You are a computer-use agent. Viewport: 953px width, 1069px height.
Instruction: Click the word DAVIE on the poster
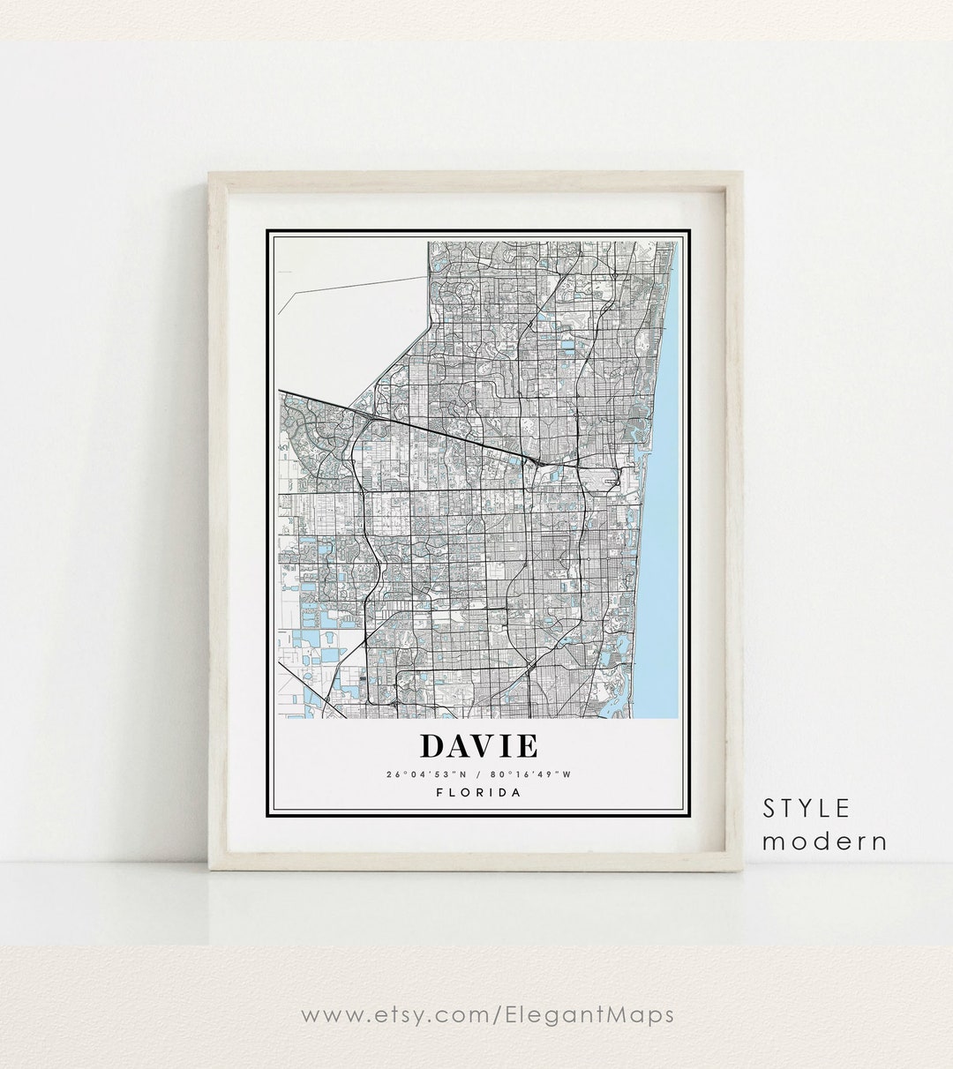(x=479, y=746)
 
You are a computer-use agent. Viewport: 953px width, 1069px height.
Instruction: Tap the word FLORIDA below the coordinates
(x=479, y=792)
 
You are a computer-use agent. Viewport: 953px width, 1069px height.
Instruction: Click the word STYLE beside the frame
(x=807, y=808)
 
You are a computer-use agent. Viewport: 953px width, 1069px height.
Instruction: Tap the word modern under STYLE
(x=824, y=841)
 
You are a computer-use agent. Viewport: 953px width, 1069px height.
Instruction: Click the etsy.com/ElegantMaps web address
(x=487, y=1014)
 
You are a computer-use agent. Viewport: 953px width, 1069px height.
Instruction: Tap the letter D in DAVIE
(x=432, y=746)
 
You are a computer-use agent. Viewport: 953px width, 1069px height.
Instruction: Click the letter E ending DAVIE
(x=526, y=746)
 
